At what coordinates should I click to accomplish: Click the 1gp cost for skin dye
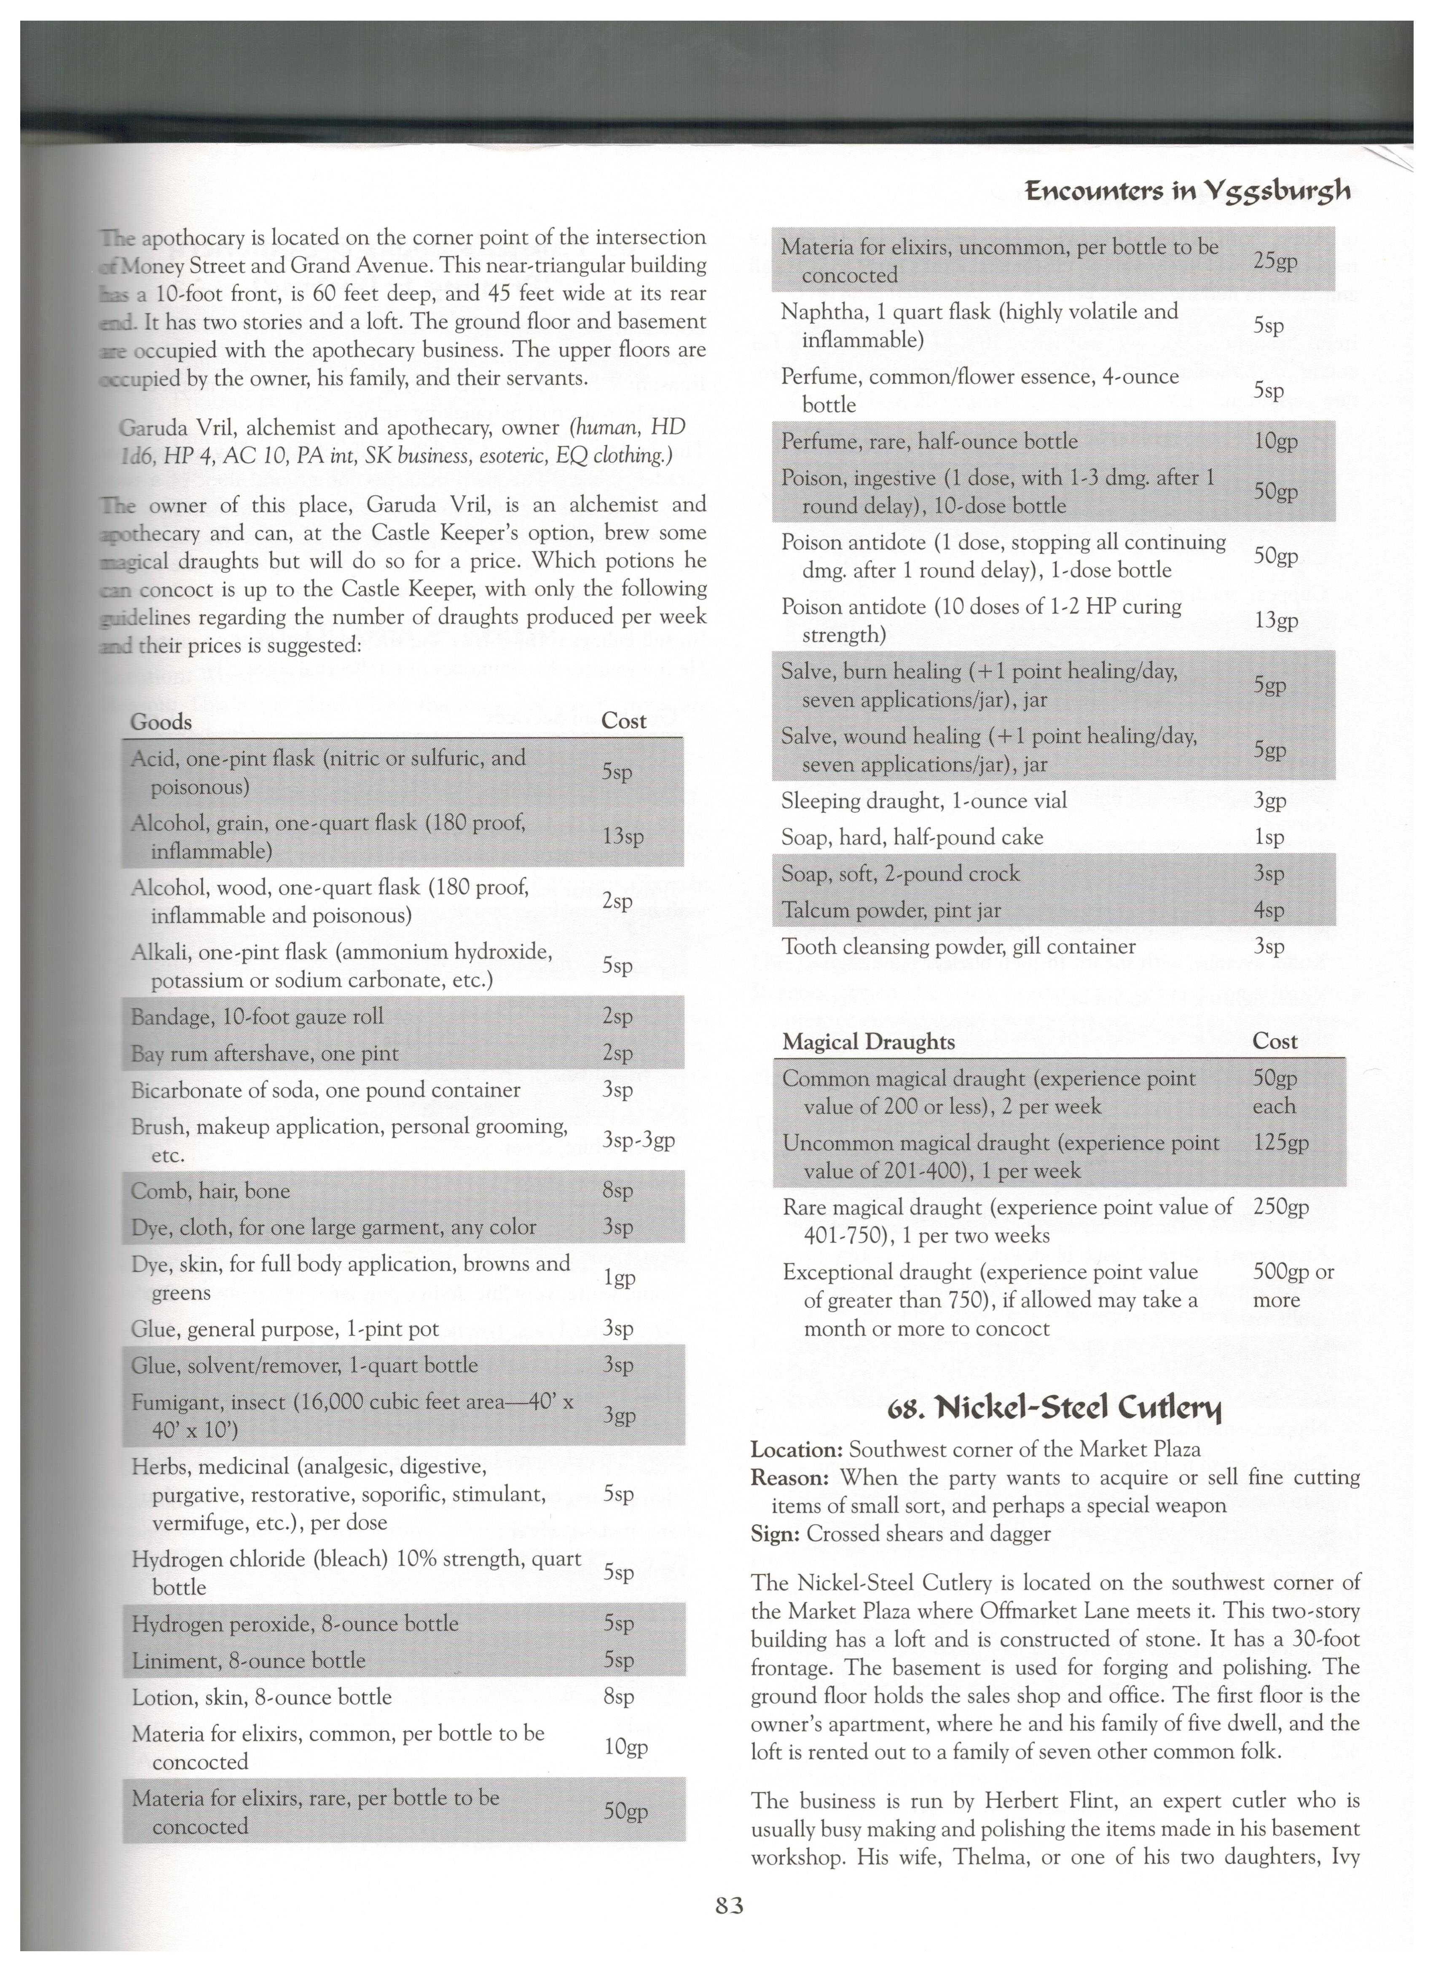point(619,1277)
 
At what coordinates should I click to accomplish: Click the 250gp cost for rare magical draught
point(1280,1207)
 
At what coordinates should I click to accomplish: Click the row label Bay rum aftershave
point(264,1053)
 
